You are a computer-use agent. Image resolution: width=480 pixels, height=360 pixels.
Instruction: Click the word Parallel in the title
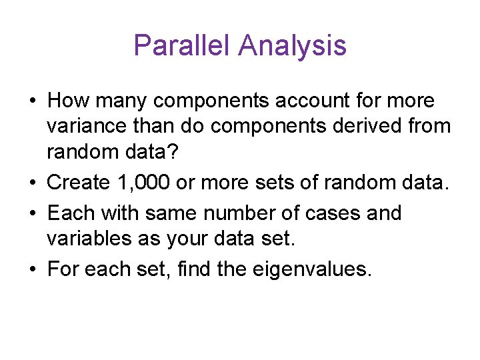point(181,45)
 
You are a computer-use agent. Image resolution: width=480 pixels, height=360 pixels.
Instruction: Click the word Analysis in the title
point(292,45)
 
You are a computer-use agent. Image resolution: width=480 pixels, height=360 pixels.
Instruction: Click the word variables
point(89,237)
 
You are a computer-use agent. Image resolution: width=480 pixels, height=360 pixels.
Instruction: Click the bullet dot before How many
point(33,101)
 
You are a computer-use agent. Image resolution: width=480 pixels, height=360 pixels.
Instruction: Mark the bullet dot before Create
point(33,181)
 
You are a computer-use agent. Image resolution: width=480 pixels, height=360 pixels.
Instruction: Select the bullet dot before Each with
point(33,214)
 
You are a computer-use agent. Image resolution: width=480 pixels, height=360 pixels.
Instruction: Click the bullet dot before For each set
point(33,270)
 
